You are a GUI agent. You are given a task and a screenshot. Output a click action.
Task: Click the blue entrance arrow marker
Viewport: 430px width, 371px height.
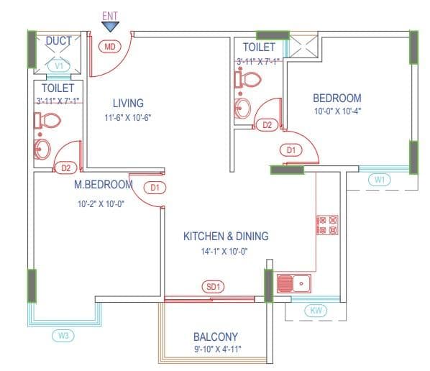coord(111,26)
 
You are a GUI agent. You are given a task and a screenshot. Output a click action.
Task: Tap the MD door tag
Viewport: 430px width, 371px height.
coord(110,47)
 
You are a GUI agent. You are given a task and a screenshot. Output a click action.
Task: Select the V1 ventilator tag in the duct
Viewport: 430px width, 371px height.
coord(60,65)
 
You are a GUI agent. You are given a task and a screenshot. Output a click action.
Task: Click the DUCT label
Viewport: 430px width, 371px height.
coord(59,41)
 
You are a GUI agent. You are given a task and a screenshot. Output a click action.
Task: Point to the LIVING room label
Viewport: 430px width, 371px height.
coord(128,103)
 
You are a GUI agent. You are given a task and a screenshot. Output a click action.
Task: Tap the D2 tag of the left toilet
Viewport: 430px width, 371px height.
coord(66,168)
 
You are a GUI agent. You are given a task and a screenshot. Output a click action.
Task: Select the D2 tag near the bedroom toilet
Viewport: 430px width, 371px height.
coord(267,124)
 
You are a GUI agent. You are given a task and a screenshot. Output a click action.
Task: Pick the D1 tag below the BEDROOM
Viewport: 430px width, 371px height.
coord(291,150)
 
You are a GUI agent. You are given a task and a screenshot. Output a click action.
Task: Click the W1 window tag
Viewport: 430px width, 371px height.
coord(379,180)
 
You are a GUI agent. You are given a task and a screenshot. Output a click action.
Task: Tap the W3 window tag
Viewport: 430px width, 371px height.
coord(64,335)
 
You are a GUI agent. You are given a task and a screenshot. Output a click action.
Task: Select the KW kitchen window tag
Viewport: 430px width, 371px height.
coord(315,311)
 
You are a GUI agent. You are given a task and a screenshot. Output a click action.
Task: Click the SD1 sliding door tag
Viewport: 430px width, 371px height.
coord(214,287)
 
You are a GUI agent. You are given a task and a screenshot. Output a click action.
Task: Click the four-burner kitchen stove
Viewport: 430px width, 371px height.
coord(327,225)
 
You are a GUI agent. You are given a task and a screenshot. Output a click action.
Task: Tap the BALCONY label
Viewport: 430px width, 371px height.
coord(216,336)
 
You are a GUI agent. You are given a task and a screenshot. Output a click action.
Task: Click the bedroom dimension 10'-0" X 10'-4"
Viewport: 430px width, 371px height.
coord(337,111)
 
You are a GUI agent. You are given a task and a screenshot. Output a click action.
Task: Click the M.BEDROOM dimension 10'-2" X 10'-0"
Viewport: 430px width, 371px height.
coord(101,203)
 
